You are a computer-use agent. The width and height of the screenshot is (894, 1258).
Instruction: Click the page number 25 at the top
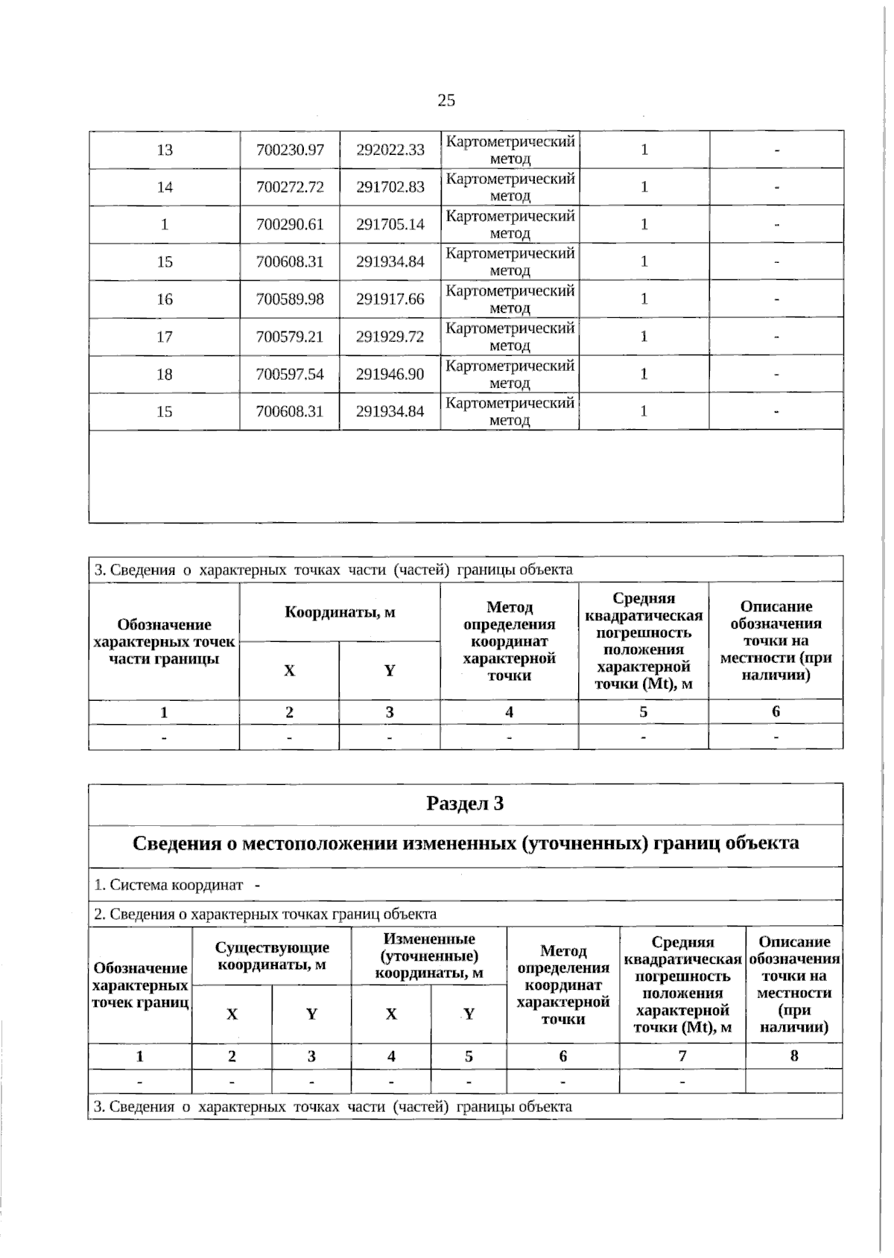[446, 101]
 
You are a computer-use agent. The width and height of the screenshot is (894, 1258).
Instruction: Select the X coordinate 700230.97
[290, 150]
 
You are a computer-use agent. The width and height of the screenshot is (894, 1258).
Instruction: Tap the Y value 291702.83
[390, 187]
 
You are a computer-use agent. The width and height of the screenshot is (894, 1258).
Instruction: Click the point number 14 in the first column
[165, 187]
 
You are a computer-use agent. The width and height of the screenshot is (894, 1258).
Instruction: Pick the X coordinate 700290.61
[290, 224]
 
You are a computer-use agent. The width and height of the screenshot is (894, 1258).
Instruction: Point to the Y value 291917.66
[390, 299]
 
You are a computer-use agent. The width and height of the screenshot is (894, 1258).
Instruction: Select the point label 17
[165, 337]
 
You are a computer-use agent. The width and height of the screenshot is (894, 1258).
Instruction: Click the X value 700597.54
[290, 374]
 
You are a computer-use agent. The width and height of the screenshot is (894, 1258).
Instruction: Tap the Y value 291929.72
[390, 337]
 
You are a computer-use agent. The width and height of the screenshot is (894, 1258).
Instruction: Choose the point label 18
[165, 374]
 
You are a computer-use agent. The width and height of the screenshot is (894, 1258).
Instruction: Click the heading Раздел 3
[465, 804]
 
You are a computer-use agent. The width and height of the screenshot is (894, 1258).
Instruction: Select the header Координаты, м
[340, 612]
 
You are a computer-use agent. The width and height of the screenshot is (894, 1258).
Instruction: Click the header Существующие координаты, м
[272, 956]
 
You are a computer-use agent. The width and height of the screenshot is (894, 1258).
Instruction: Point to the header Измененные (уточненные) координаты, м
[429, 956]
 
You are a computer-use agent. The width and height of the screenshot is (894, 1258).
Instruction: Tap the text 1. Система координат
[169, 885]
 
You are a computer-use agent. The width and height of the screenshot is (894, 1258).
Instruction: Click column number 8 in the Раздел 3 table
[793, 1055]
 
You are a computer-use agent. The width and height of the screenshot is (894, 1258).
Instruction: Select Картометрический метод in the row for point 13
[510, 150]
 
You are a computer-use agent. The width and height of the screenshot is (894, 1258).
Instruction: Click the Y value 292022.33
[390, 150]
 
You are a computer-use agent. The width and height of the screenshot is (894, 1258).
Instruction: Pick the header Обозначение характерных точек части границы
[164, 641]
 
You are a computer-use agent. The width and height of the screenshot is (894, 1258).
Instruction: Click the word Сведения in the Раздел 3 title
[177, 843]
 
